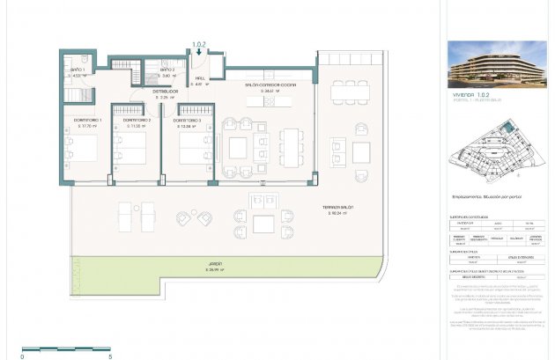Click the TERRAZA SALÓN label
pyautogui.click(x=338, y=207)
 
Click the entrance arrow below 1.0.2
pyautogui.click(x=202, y=52)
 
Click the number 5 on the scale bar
pyautogui.click(x=110, y=356)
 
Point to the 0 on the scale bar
pyautogui.click(x=24, y=356)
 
